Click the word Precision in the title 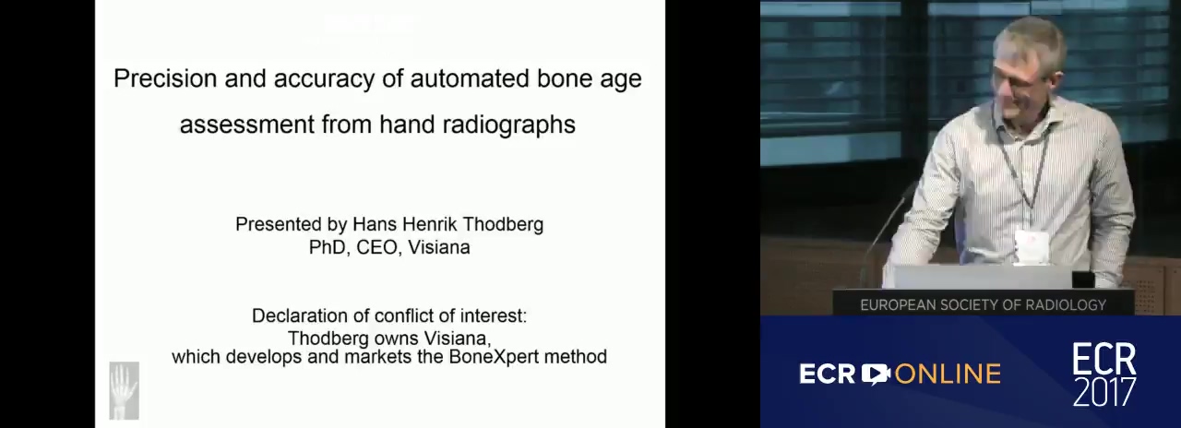[165, 78]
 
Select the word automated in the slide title [470, 78]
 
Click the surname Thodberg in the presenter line [503, 224]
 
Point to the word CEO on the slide [376, 247]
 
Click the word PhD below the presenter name [329, 247]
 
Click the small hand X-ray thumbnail [125, 390]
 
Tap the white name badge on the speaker [1027, 245]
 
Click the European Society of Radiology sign [984, 304]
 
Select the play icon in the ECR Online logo [876, 374]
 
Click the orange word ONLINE [948, 374]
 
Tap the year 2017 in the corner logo [1104, 392]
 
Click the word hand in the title [407, 125]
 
